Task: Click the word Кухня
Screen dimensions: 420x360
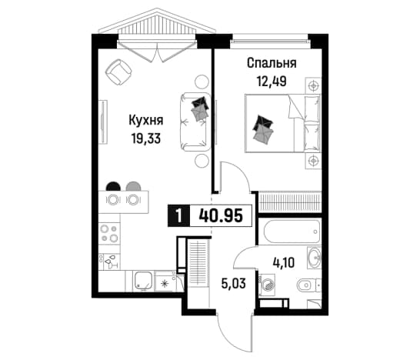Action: (146, 120)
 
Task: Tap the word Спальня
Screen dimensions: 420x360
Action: (272, 64)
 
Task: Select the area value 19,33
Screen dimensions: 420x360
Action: (146, 138)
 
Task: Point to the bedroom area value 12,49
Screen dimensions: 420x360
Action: (272, 82)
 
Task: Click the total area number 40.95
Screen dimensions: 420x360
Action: (221, 215)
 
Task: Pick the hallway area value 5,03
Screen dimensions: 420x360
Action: (234, 283)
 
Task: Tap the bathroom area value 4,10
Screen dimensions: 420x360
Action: (284, 262)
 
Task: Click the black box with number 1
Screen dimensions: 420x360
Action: (178, 215)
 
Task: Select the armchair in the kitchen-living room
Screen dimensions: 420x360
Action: (118, 72)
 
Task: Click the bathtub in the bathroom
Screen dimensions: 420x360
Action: (292, 232)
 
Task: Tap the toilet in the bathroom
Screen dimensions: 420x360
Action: (308, 285)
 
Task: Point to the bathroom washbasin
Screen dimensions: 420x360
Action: (314, 258)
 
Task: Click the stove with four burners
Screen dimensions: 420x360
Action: (109, 233)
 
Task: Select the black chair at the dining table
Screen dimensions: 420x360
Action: (113, 186)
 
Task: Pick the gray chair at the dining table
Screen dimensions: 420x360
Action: (133, 186)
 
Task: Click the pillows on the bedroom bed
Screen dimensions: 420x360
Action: (264, 130)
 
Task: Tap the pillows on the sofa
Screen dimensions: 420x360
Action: (199, 109)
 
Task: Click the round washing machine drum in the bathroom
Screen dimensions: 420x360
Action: (268, 285)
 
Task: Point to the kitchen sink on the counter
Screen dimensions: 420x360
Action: (144, 281)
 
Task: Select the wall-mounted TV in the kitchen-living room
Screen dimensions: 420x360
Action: (103, 122)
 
